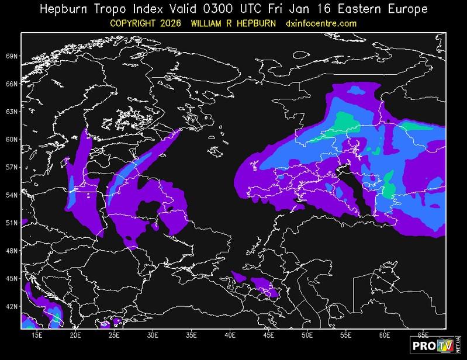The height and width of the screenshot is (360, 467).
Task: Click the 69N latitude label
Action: (x=12, y=56)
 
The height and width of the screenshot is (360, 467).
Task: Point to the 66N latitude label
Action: (x=12, y=84)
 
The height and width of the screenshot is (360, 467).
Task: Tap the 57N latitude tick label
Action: (x=12, y=167)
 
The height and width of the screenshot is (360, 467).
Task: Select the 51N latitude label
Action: (x=12, y=223)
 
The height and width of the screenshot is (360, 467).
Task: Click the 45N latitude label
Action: (x=12, y=278)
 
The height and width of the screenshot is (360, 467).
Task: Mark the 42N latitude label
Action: (x=12, y=306)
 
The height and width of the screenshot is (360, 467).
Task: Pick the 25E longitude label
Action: (x=114, y=336)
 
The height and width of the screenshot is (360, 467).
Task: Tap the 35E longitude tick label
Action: (x=191, y=336)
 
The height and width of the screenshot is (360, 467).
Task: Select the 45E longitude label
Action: (x=269, y=336)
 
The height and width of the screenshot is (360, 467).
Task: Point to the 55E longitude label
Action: (x=346, y=336)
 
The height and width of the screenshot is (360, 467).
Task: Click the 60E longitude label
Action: (x=385, y=336)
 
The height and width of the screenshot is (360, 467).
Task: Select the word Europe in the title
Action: (x=407, y=9)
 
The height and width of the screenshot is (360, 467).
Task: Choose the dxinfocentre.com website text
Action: (x=321, y=23)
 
